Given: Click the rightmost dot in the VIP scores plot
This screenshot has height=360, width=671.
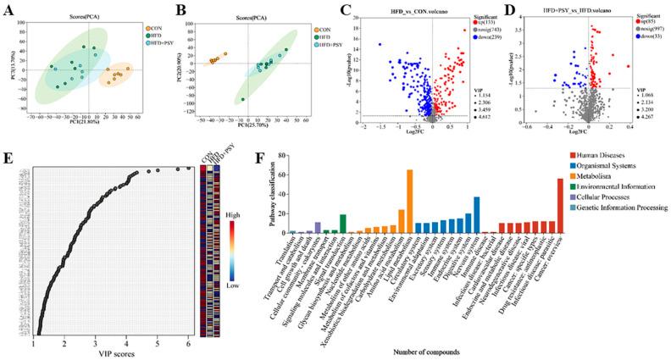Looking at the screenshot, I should point(189,168).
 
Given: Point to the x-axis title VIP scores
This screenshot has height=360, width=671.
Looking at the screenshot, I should point(111,347).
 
